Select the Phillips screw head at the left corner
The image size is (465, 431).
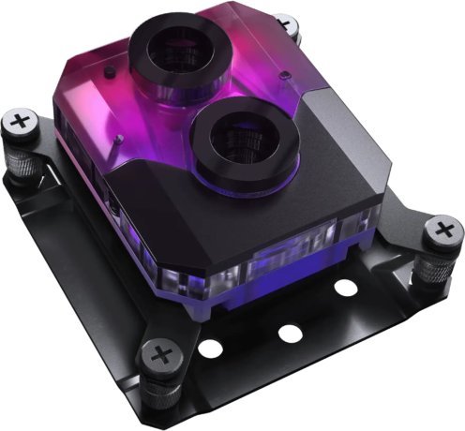coord(21,122)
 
